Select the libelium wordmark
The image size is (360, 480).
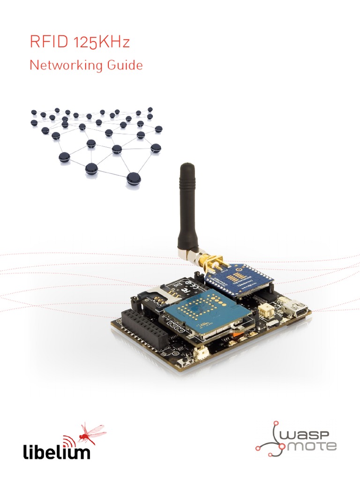click(x=56, y=453)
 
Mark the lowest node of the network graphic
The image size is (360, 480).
click(x=134, y=178)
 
